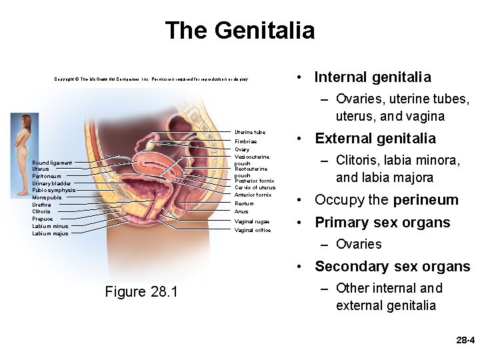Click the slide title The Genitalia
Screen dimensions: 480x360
[239, 31]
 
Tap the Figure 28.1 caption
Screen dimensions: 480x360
[141, 291]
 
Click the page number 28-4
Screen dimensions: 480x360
[464, 340]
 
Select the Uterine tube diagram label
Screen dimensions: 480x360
[250, 132]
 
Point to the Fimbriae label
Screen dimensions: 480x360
[245, 142]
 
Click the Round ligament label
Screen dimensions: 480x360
[52, 163]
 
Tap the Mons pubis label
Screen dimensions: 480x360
[47, 197]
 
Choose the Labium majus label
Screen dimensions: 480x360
[50, 233]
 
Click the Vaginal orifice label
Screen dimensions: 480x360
[252, 231]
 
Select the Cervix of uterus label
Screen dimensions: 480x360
[255, 187]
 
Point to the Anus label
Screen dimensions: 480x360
[241, 212]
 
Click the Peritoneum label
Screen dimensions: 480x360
[46, 176]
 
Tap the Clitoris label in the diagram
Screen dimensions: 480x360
[41, 211]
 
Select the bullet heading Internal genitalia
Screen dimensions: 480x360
[372, 77]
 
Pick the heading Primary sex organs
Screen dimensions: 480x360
[382, 222]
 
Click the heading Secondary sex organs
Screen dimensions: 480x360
[392, 267]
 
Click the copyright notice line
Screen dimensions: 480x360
[151, 79]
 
